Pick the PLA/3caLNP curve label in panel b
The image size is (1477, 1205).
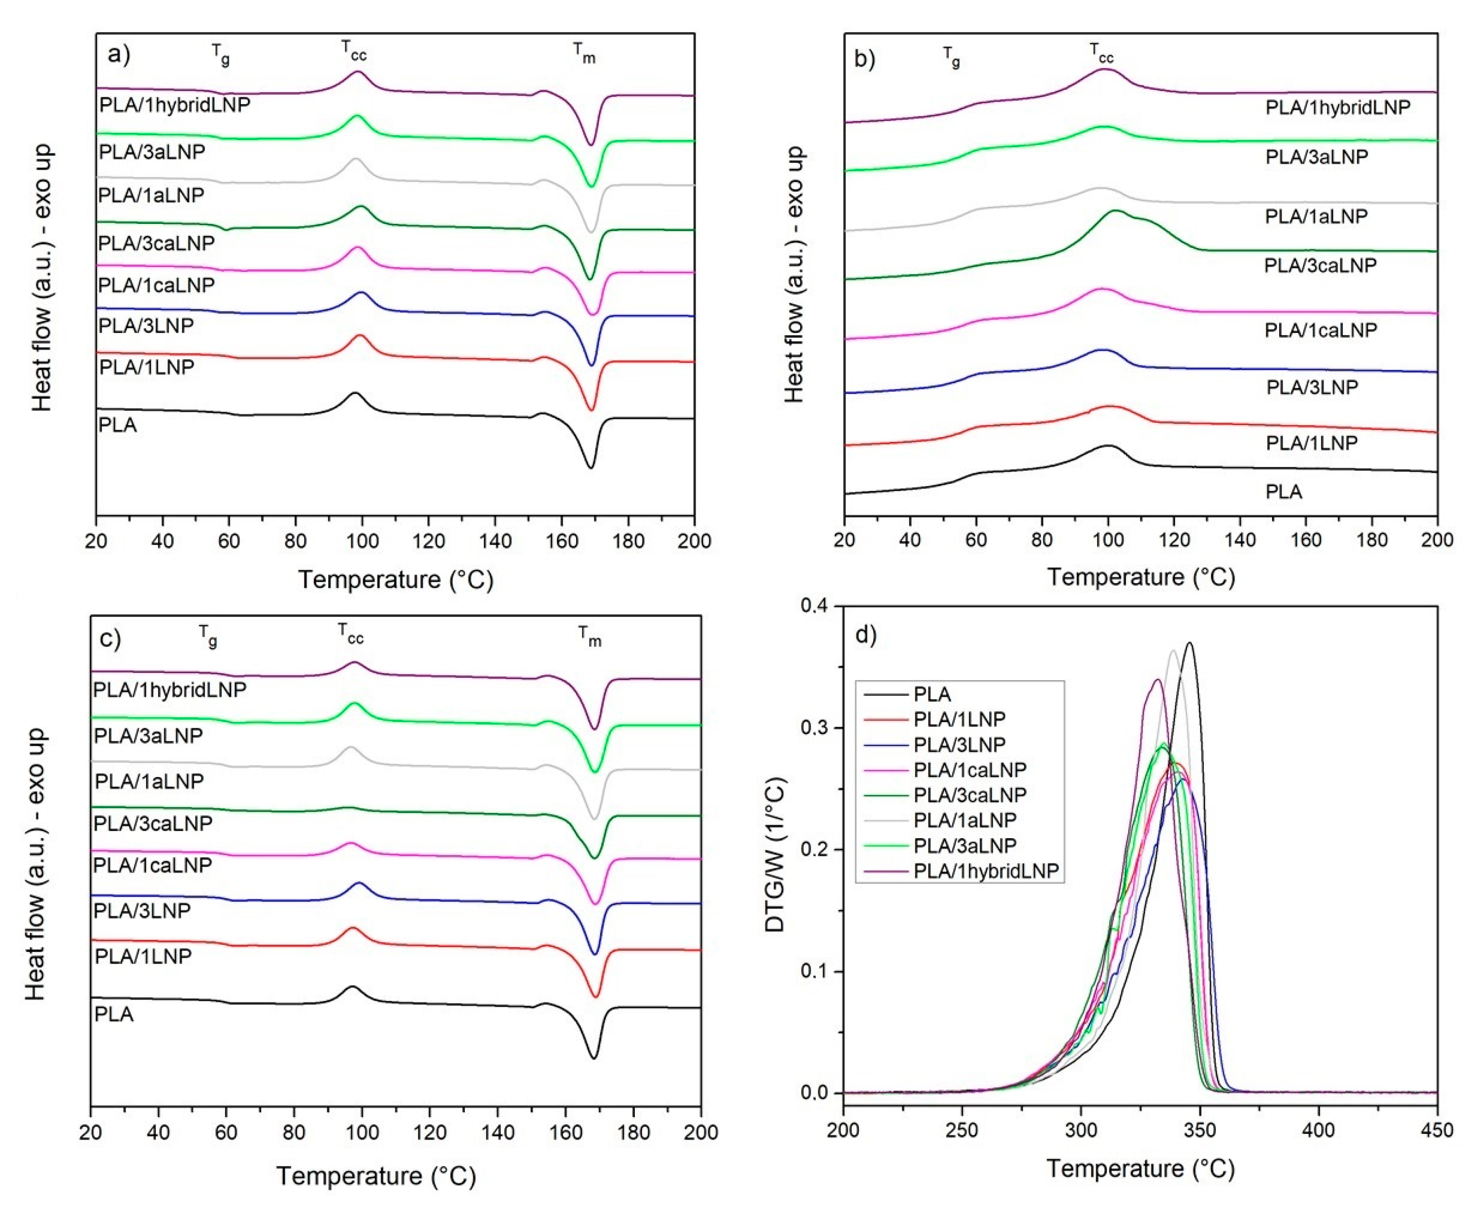tap(1319, 265)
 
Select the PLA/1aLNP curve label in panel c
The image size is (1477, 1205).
tap(149, 781)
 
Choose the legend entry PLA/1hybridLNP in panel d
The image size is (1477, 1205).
tap(985, 871)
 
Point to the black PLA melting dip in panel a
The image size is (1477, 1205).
tap(591, 467)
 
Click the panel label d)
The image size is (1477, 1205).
tap(866, 634)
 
